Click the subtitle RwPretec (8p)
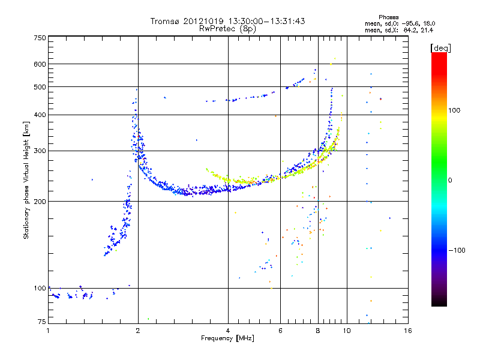pos(227,29)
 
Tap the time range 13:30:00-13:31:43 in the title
pos(266,21)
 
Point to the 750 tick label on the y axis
pos(40,38)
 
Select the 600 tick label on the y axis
pos(40,64)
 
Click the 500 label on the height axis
pos(40,87)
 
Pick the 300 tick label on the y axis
pos(40,151)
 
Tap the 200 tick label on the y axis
pos(40,202)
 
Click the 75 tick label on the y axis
pos(42,322)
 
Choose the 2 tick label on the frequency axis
pos(138,331)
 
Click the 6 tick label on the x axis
pos(280,331)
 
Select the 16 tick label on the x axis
pos(408,331)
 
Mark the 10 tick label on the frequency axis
pos(347,331)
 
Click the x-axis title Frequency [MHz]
pos(227,338)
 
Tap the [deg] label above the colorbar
pos(441,49)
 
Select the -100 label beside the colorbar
pos(457,250)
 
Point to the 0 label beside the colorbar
pos(450,181)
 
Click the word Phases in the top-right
pos(388,17)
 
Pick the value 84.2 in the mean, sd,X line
pos(409,30)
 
